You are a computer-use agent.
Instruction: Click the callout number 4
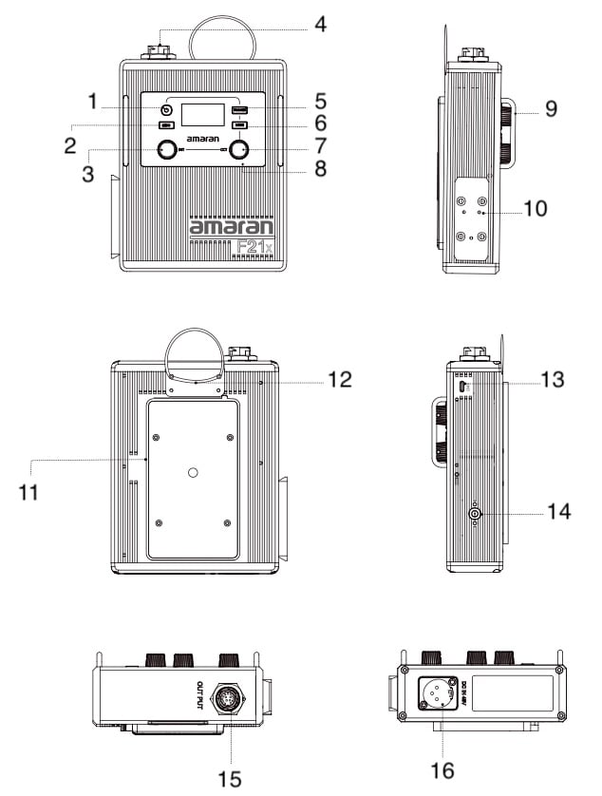coord(321,24)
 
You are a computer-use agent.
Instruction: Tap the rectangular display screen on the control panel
coord(202,115)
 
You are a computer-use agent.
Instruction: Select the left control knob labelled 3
coord(168,149)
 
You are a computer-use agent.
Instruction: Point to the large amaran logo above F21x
coord(231,227)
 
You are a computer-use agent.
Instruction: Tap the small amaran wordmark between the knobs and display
coord(202,139)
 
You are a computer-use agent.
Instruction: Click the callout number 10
coord(536,208)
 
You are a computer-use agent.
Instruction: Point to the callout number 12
coord(339,379)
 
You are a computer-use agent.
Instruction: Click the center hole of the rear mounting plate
coord(193,472)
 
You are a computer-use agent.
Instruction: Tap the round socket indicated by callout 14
coord(474,514)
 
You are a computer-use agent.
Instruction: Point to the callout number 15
coord(228,779)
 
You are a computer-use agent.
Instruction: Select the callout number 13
coord(552,380)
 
